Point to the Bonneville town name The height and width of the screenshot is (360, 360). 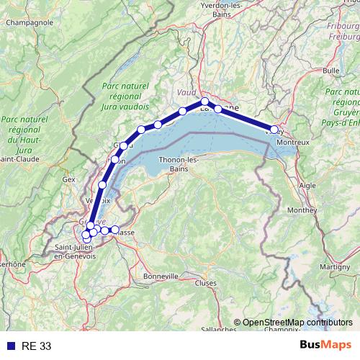click(x=161, y=276)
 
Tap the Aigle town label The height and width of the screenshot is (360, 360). click(x=307, y=185)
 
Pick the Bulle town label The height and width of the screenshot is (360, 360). click(x=331, y=71)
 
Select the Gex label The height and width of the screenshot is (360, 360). click(x=69, y=179)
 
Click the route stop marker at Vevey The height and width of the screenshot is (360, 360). click(x=274, y=130)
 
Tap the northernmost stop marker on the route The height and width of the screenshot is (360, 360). click(x=205, y=102)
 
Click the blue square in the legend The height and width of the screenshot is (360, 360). click(x=10, y=346)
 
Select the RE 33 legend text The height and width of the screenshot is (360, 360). click(x=36, y=346)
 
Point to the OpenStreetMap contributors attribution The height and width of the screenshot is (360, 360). click(x=297, y=322)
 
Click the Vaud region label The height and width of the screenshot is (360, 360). click(x=186, y=93)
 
